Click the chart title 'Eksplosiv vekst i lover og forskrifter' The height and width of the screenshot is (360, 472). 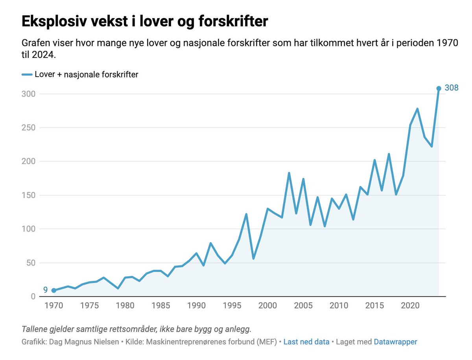[x=144, y=22]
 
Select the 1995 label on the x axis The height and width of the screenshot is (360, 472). [x=232, y=305]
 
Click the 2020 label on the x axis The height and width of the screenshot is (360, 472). [x=410, y=305]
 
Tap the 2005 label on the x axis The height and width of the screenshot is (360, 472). [x=303, y=305]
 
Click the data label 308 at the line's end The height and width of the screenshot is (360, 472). [x=451, y=88]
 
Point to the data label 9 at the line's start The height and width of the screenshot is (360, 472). [x=45, y=290]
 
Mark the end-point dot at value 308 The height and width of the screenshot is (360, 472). [x=439, y=88]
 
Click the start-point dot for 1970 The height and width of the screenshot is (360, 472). [x=53, y=290]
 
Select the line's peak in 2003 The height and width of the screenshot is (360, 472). [x=289, y=173]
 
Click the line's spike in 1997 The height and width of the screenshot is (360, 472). [x=246, y=214]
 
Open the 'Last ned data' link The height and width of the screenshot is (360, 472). [x=306, y=342]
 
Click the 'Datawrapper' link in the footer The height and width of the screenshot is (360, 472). [x=395, y=342]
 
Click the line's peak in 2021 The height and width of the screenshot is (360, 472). [x=417, y=109]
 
